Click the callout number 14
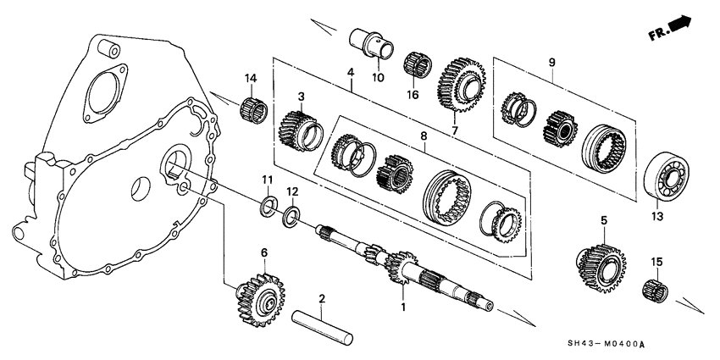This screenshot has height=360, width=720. point(250,80)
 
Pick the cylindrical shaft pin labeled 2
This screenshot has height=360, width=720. point(323,327)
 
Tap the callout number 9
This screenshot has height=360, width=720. point(551,62)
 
